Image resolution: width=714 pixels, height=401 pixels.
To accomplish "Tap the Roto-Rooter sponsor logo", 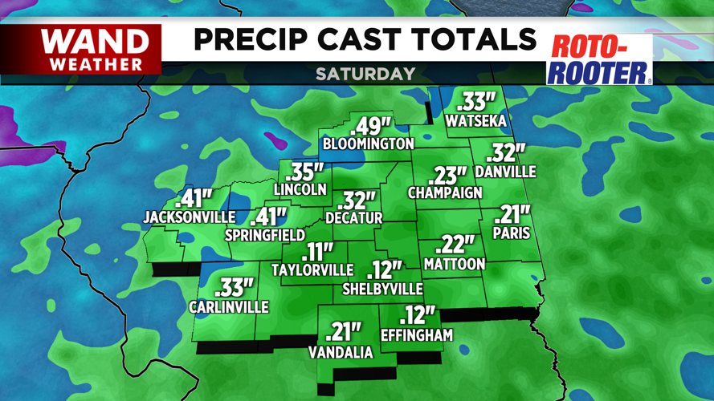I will click(599, 59).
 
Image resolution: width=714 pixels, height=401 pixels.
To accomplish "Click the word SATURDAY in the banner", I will click(365, 74).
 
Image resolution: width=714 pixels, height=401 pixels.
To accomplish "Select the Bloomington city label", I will click(368, 144).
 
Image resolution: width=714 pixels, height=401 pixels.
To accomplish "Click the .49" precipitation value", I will click(370, 127).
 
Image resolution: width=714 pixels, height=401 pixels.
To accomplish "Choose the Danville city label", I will click(505, 172).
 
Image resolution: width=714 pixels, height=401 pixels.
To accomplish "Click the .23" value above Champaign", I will click(449, 176).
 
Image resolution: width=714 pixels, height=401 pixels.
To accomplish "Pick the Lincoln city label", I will click(300, 190).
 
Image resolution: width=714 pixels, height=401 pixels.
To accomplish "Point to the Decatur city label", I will click(354, 217).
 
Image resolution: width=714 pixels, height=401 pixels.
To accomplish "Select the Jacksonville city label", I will click(190, 217).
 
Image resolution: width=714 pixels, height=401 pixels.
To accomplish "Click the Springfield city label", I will click(265, 236).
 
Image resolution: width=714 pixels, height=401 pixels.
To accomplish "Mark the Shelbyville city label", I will click(382, 289).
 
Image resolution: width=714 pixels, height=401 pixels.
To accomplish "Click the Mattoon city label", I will click(455, 264).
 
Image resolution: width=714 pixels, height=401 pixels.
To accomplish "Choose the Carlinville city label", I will click(229, 307).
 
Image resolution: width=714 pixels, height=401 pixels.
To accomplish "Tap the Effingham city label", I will click(417, 335).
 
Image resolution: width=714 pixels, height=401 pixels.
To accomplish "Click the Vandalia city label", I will click(341, 353).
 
